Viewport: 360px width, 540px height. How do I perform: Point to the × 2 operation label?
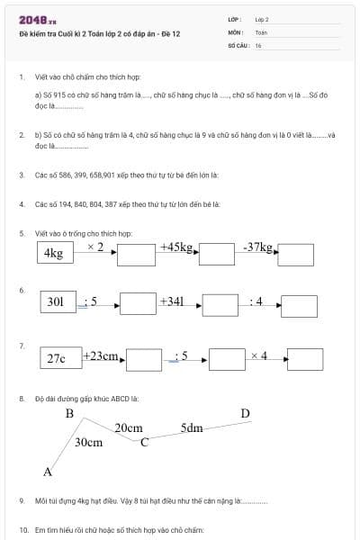[95, 247]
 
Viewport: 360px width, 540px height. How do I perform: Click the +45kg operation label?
[177, 246]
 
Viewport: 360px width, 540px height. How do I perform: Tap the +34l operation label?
[172, 301]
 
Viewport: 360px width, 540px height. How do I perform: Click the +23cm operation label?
[102, 356]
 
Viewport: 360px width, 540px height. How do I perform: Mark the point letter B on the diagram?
[69, 414]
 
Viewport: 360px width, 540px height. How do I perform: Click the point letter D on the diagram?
[245, 414]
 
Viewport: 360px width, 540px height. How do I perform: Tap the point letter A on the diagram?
[48, 472]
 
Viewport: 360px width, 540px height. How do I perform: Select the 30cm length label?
[88, 443]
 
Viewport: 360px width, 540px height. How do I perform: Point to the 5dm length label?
[191, 427]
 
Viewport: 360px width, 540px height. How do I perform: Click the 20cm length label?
[129, 428]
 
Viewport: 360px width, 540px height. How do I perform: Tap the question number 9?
[21, 499]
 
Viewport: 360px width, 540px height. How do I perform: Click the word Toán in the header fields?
[261, 31]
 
